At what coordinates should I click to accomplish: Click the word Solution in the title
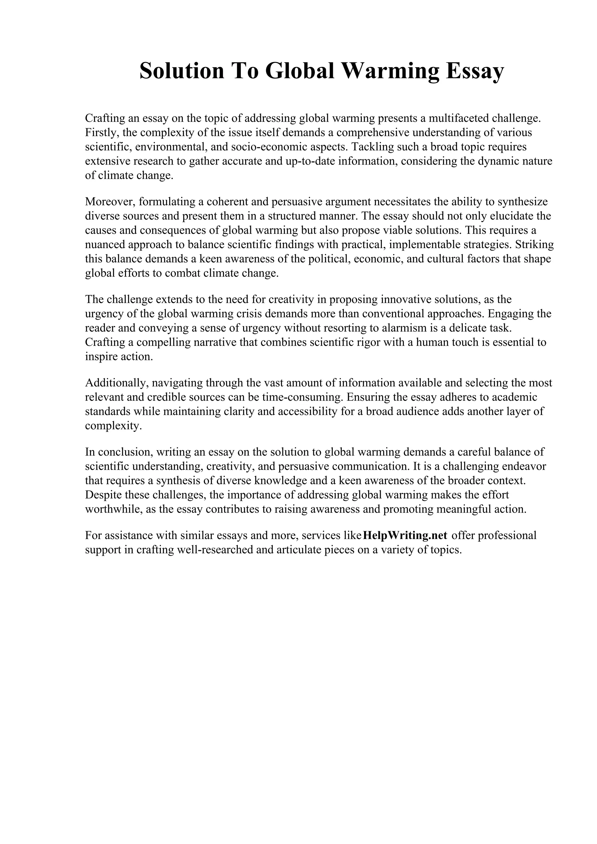(182, 71)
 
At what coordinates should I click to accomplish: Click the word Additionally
(116, 383)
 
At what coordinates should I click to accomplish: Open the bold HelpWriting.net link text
(405, 535)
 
